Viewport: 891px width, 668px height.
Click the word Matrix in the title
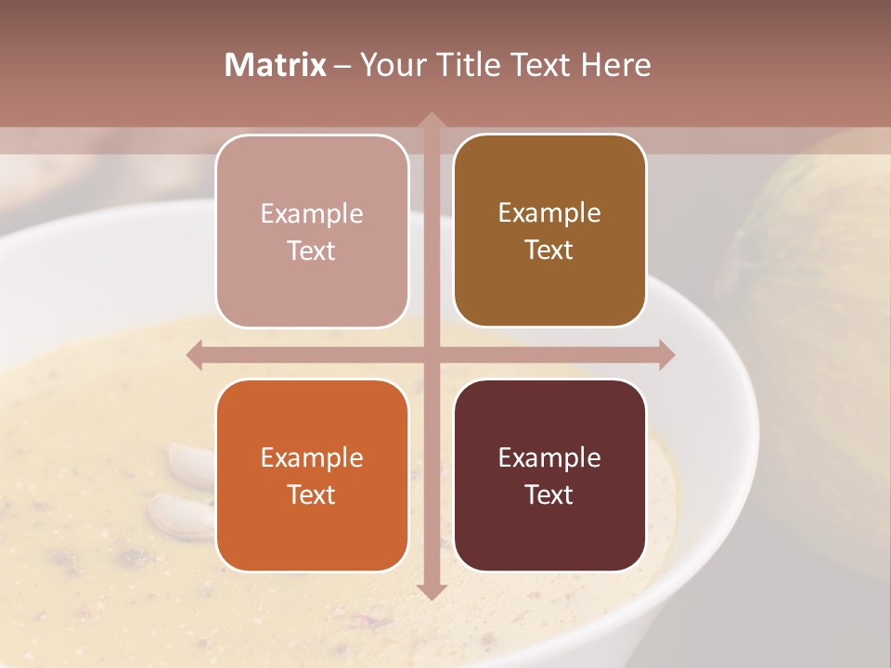point(276,65)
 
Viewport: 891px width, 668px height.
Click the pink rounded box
point(312,231)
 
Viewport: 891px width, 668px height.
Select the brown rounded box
point(549,231)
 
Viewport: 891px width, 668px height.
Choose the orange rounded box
point(312,475)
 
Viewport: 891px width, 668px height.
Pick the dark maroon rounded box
point(549,475)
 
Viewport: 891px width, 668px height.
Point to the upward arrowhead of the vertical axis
point(431,121)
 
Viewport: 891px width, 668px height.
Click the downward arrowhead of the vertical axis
point(431,591)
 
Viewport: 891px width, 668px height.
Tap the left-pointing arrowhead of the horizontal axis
point(196,355)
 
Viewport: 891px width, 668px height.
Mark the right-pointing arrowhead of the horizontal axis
point(665,355)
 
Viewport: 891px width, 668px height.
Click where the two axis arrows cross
point(431,355)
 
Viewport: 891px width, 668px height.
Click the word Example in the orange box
point(312,457)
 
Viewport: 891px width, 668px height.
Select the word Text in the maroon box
point(549,495)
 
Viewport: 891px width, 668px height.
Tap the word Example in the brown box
point(549,212)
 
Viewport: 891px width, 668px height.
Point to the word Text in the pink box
point(312,250)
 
